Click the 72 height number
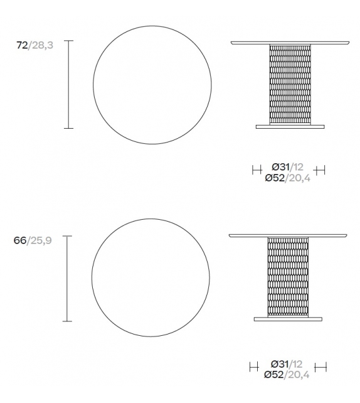pos(21,45)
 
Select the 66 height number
pos(21,241)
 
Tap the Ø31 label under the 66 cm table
pos(281,363)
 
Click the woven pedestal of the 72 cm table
pos(290,83)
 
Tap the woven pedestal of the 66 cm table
pos(289,276)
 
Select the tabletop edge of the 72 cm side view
pos(290,43)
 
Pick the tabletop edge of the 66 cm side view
pos(289,235)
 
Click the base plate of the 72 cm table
pos(291,126)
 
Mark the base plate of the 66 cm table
pos(289,319)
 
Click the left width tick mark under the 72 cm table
pos(256,169)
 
